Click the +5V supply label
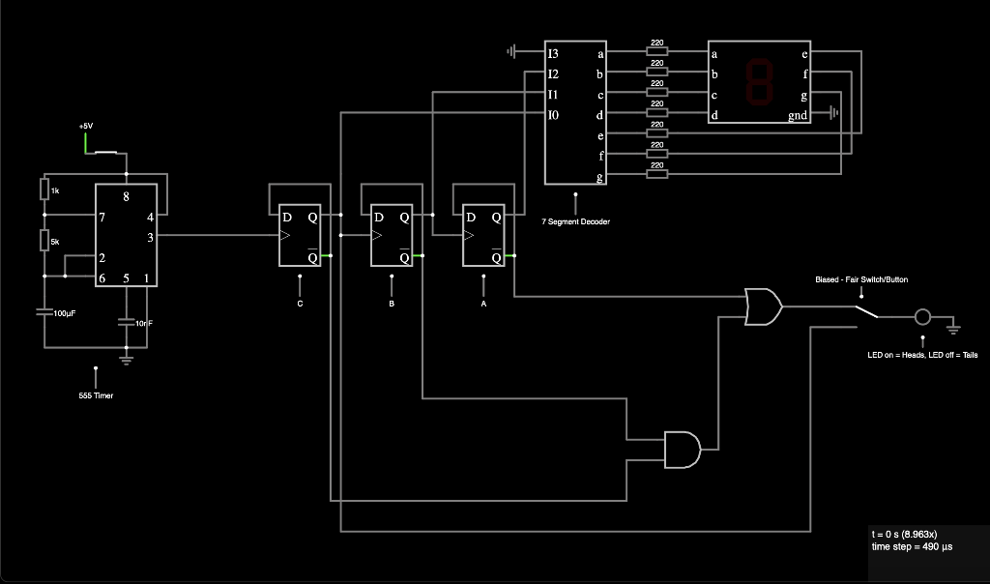point(87,126)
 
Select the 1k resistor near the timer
point(44,189)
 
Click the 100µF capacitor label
point(65,314)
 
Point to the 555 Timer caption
point(96,394)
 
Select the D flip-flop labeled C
point(300,235)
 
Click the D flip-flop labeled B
point(392,235)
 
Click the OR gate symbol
point(764,307)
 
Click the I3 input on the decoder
point(553,52)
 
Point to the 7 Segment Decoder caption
point(575,221)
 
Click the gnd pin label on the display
point(798,116)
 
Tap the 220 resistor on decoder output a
point(656,51)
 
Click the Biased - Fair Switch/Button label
point(861,279)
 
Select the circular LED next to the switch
point(922,317)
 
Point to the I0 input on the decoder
point(553,115)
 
